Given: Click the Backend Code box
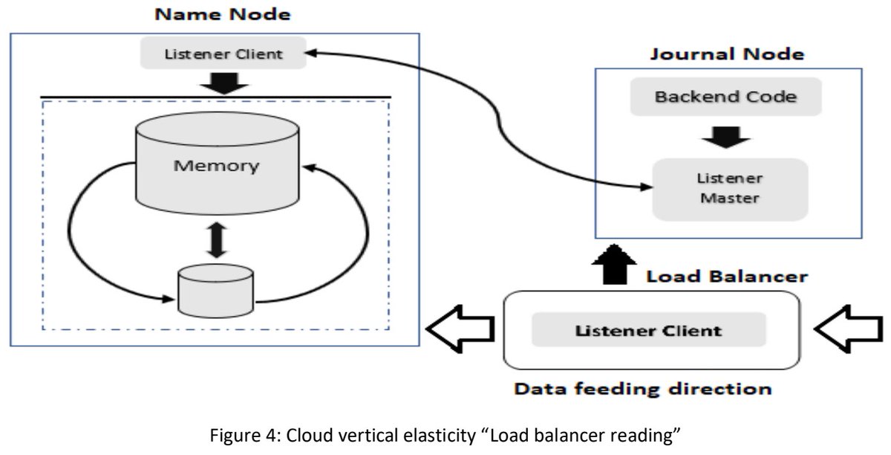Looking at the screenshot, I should (716, 97).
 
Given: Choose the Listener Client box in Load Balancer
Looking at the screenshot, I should (648, 329).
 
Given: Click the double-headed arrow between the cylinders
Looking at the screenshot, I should (216, 239).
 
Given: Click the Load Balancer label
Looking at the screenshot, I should (726, 277).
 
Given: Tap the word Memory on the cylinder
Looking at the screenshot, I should (216, 164).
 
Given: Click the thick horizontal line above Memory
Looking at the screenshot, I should (215, 97).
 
